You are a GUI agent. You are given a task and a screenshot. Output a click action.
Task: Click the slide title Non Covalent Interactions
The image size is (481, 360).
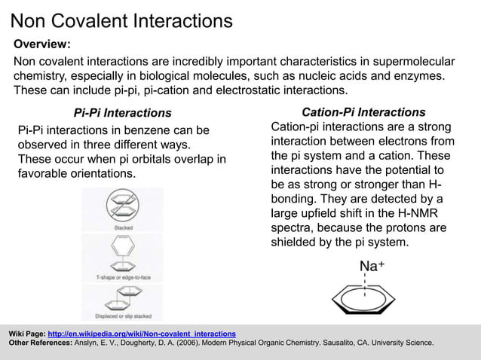tap(121, 20)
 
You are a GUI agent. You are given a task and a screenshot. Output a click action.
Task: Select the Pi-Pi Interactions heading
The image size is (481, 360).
tap(123, 113)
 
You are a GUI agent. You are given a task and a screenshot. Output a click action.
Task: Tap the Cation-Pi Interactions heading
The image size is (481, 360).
tap(363, 112)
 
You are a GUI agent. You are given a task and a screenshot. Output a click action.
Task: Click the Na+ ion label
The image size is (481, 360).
tap(372, 266)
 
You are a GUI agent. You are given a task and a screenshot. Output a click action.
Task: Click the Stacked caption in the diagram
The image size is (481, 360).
tap(124, 227)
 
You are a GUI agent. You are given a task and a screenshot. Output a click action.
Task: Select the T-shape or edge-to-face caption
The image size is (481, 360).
tap(123, 277)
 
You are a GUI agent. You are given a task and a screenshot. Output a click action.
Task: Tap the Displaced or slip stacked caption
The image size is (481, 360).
tap(123, 316)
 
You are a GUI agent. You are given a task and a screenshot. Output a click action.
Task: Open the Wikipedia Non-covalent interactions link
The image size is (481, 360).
tap(142, 333)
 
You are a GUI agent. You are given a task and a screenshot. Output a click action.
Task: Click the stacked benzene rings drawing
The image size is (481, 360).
tap(123, 206)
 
